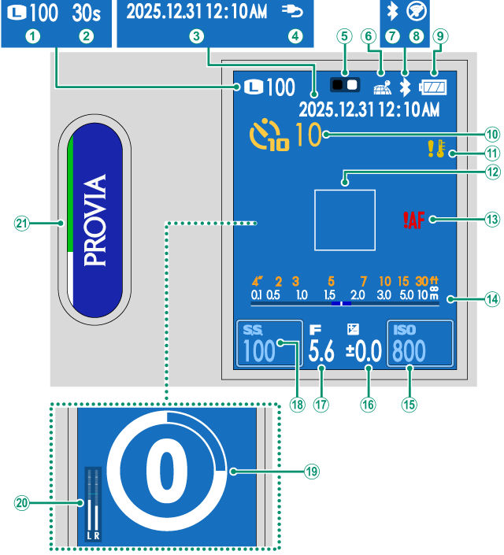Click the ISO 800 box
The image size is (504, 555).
coord(419,344)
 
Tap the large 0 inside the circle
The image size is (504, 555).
coord(166,472)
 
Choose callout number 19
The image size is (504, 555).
coord(312,472)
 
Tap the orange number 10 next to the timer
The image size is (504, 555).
coord(309,135)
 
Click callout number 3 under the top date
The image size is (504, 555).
coord(196,35)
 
